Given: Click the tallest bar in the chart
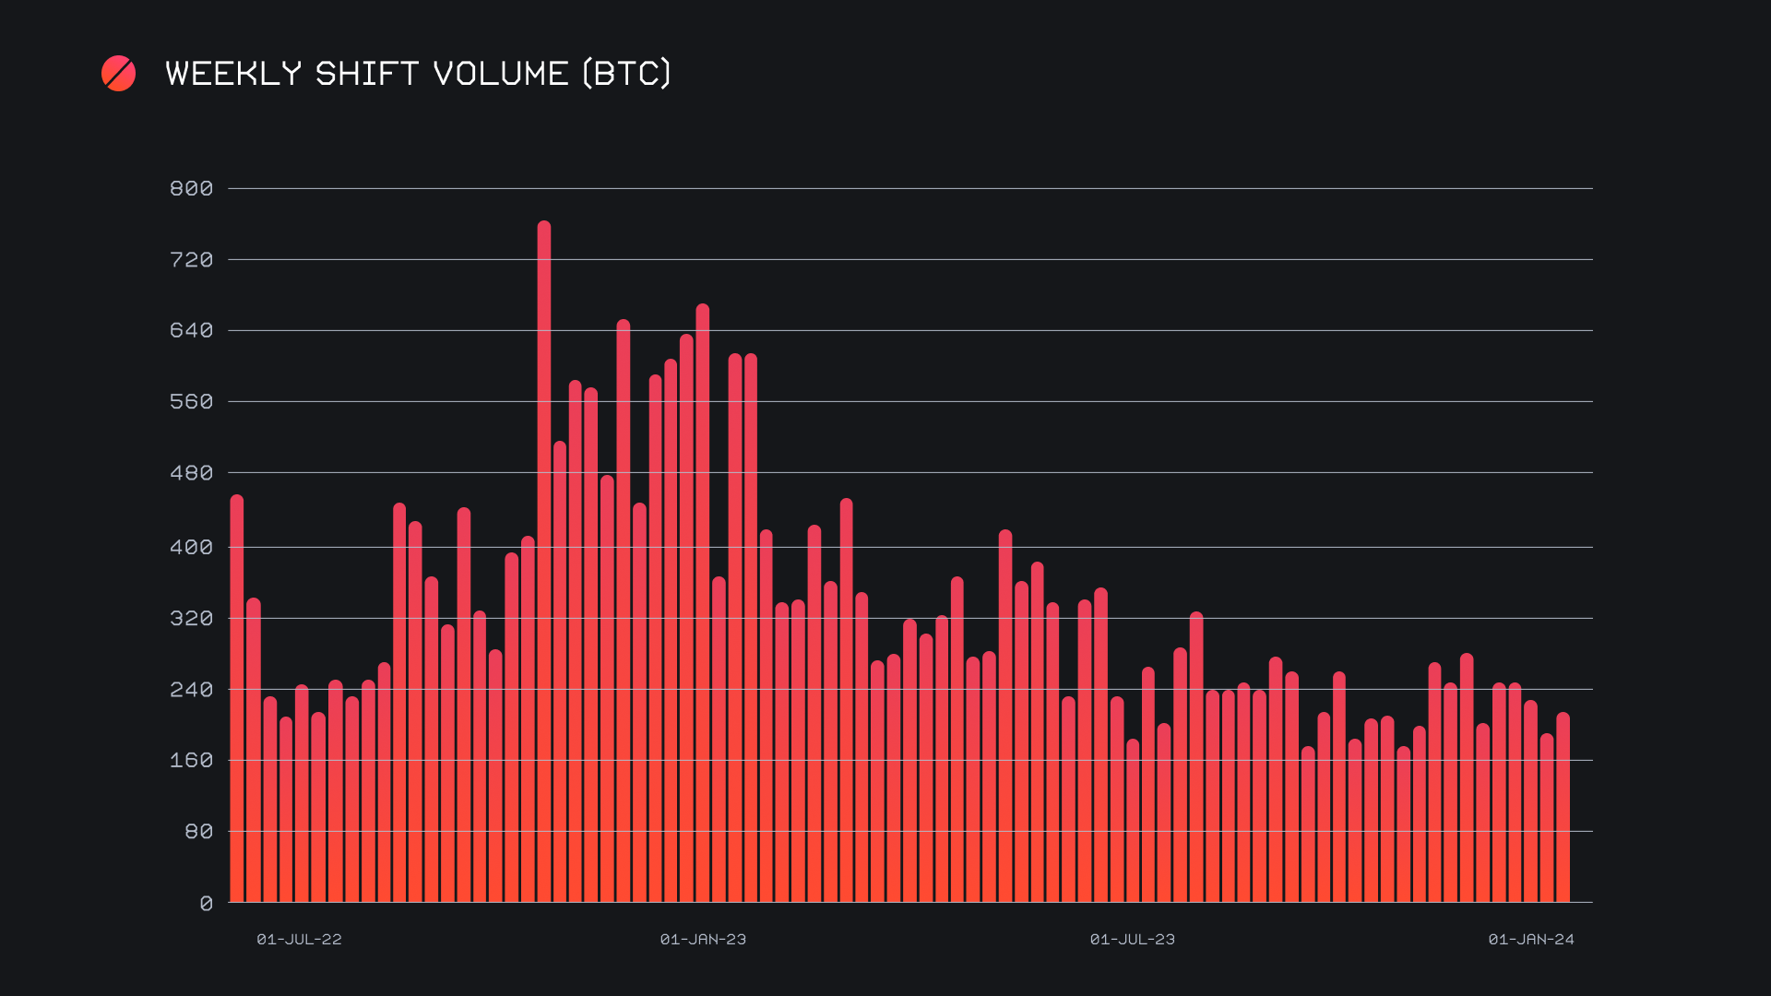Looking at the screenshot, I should [x=544, y=563].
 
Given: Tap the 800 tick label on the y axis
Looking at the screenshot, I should [x=191, y=189].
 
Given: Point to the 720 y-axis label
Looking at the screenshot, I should [x=191, y=260].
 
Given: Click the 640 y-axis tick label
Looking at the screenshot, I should [x=191, y=330].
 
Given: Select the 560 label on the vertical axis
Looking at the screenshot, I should [x=191, y=402].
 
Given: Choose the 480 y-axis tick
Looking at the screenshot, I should [x=191, y=473].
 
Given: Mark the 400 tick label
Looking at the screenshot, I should [x=191, y=548].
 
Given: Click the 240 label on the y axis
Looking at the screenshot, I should [x=191, y=690].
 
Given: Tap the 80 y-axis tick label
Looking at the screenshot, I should [x=198, y=832].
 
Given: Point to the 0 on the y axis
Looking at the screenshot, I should [x=206, y=904].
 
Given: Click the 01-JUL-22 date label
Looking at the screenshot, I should [x=299, y=940].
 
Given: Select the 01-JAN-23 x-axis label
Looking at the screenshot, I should [x=703, y=940].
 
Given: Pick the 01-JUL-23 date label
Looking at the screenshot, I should [x=1132, y=940].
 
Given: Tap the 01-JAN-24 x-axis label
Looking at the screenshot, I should [x=1531, y=940].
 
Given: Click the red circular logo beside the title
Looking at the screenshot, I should [x=119, y=74].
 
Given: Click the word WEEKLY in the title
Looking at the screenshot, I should [x=233, y=74].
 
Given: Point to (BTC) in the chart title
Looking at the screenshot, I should [x=627, y=74].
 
